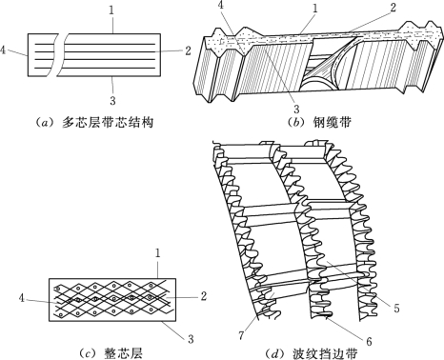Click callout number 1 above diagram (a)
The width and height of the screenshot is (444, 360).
click(111, 10)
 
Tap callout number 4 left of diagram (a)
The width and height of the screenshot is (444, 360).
click(3, 50)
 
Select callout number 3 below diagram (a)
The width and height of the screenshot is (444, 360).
click(112, 101)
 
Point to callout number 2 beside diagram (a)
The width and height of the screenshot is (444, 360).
click(188, 50)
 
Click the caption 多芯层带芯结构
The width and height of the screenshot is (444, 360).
click(108, 122)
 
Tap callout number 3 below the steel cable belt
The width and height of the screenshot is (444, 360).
click(296, 110)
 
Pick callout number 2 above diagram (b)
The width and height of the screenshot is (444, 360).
click(393, 8)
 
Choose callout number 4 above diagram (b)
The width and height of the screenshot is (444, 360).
click(221, 6)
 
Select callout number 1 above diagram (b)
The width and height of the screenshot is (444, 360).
click(314, 9)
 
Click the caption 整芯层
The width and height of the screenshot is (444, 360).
click(123, 353)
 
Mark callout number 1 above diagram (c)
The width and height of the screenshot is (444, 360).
click(157, 253)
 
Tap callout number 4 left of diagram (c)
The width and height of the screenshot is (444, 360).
click(22, 298)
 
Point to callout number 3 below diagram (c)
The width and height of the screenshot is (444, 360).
click(191, 339)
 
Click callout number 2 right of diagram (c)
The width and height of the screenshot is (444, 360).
click(204, 296)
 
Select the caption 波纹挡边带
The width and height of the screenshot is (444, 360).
click(325, 353)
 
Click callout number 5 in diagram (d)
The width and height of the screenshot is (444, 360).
click(396, 308)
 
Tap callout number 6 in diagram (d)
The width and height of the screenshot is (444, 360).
click(369, 341)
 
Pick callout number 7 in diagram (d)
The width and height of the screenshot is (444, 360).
click(241, 335)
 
